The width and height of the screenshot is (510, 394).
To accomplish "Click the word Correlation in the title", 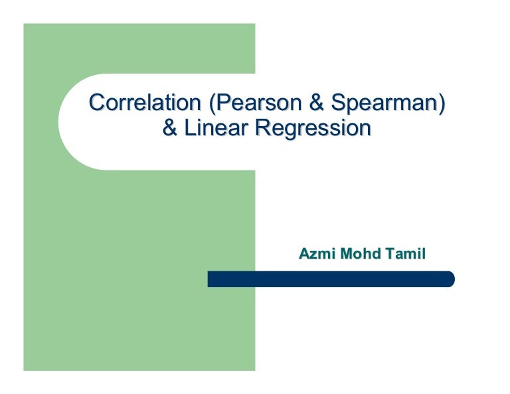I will [x=145, y=103].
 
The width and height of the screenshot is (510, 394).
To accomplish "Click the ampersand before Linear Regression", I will [x=170, y=128].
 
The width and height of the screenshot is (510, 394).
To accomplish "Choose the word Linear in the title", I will [x=216, y=128].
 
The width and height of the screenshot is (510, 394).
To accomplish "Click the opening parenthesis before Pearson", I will [x=212, y=104].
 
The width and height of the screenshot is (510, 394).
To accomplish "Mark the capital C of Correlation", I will [x=97, y=103].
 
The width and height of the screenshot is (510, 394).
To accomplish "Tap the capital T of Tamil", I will [x=390, y=253].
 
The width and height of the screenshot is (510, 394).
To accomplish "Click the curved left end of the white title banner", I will [x=66, y=122].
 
